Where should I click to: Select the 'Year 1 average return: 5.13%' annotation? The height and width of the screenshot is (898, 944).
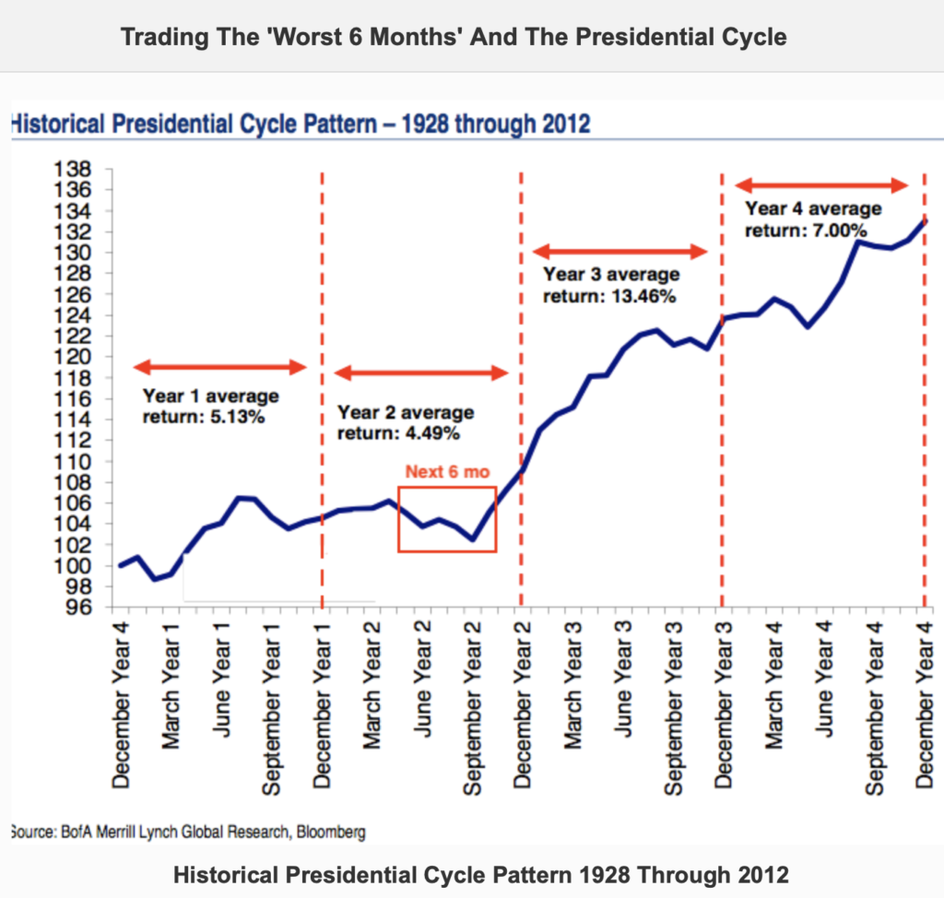210,406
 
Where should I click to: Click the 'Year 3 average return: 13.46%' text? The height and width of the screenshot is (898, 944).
610,285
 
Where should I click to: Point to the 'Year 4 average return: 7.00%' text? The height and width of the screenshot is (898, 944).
813,219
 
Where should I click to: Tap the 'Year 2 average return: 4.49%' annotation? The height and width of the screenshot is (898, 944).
406,422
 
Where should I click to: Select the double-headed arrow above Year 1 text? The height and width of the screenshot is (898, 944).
219,367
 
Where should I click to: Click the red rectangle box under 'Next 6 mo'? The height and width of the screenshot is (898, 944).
447,519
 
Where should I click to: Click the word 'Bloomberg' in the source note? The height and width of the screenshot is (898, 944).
327,831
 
